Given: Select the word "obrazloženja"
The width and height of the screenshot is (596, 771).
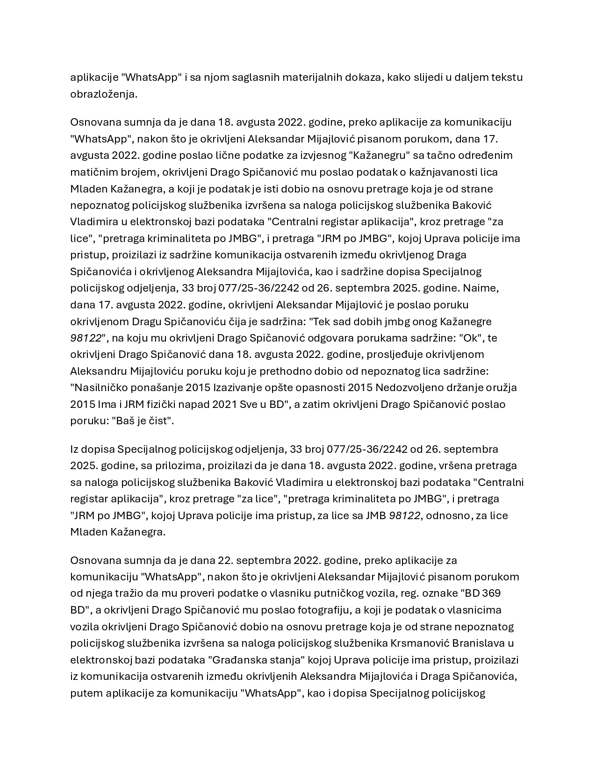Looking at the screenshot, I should point(103,94).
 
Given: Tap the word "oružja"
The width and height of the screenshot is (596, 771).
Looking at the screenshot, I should point(501,388).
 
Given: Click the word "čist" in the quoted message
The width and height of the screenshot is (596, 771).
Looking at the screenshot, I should point(161,421).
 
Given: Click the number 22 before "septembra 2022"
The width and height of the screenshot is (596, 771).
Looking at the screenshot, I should point(224,560).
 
